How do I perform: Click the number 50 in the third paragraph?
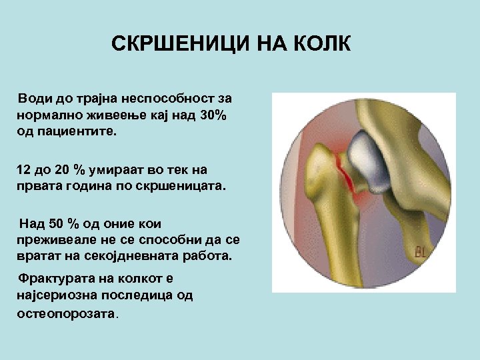(x=60, y=224)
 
